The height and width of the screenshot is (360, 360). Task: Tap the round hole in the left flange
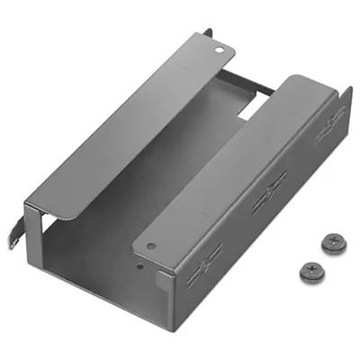click(216, 50)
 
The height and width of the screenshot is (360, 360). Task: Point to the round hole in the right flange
click(151, 246)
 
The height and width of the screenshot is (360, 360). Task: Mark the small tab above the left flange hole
click(208, 33)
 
